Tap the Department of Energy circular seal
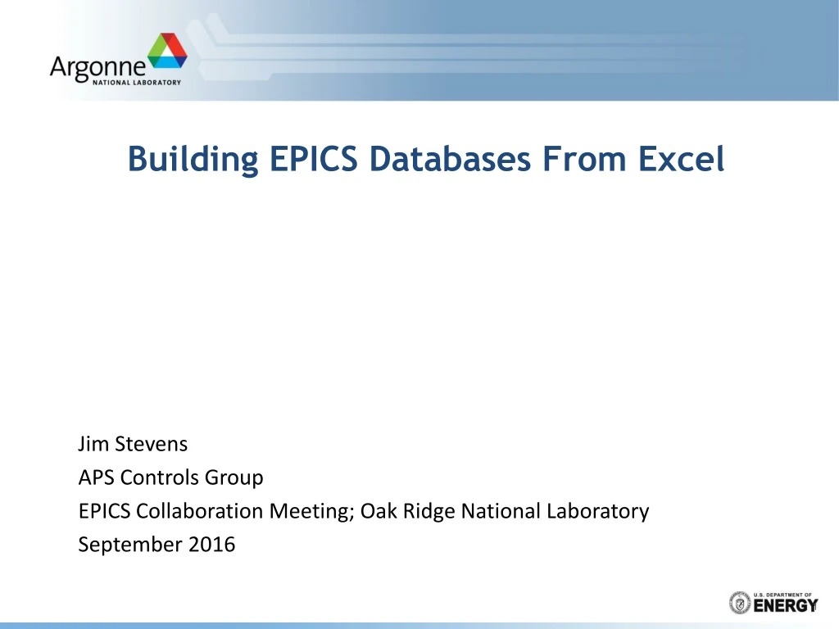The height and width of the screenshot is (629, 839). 739,603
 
